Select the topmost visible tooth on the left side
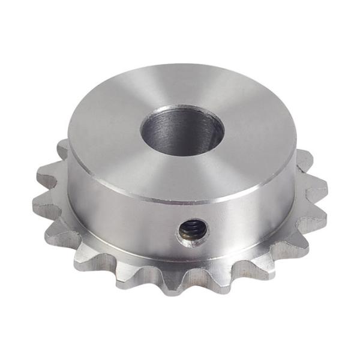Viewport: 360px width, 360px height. click(x=62, y=147)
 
